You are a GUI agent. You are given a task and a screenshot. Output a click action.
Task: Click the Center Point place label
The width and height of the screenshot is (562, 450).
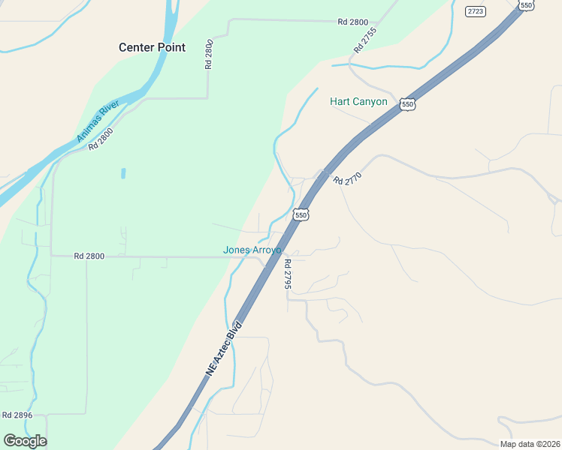pyautogui.click(x=152, y=47)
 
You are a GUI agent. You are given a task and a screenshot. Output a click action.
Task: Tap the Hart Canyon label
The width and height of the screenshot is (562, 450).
pyautogui.click(x=358, y=101)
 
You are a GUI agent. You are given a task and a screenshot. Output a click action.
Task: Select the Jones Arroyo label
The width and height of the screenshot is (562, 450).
pyautogui.click(x=252, y=250)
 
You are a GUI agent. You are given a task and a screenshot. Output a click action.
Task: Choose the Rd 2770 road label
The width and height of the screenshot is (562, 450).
pyautogui.click(x=348, y=180)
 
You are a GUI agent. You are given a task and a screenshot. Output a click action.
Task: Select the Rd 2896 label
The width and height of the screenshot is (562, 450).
pyautogui.click(x=17, y=415)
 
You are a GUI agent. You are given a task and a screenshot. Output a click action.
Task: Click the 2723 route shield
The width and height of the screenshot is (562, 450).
pyautogui.click(x=476, y=10)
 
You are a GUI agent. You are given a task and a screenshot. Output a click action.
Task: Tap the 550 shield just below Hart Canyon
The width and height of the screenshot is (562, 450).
pyautogui.click(x=407, y=104)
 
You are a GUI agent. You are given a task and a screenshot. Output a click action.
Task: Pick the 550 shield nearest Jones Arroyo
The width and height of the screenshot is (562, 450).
pyautogui.click(x=301, y=214)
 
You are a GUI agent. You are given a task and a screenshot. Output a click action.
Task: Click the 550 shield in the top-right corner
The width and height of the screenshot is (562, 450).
pyautogui.click(x=526, y=5)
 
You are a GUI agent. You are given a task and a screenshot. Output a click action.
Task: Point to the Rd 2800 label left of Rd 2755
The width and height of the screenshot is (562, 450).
pyautogui.click(x=352, y=22)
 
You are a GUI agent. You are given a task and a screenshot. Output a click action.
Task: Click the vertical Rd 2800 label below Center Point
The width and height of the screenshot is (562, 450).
pyautogui.click(x=209, y=55)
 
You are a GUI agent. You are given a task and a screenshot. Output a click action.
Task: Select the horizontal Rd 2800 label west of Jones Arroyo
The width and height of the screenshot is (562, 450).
pyautogui.click(x=89, y=256)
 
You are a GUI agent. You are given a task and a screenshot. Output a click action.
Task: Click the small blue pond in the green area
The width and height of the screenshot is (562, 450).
pyautogui.click(x=122, y=173)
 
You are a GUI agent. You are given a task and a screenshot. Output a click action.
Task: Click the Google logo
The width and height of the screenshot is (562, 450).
pyautogui.click(x=25, y=441)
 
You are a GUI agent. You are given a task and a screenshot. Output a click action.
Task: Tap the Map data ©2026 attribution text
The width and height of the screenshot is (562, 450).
pyautogui.click(x=530, y=444)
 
